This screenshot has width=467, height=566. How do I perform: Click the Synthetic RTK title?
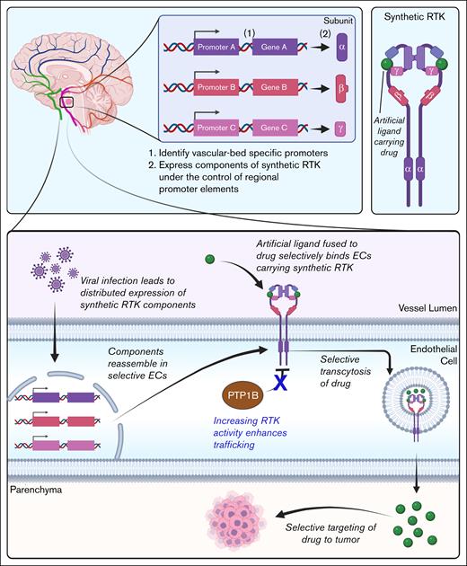coord(419,18)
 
